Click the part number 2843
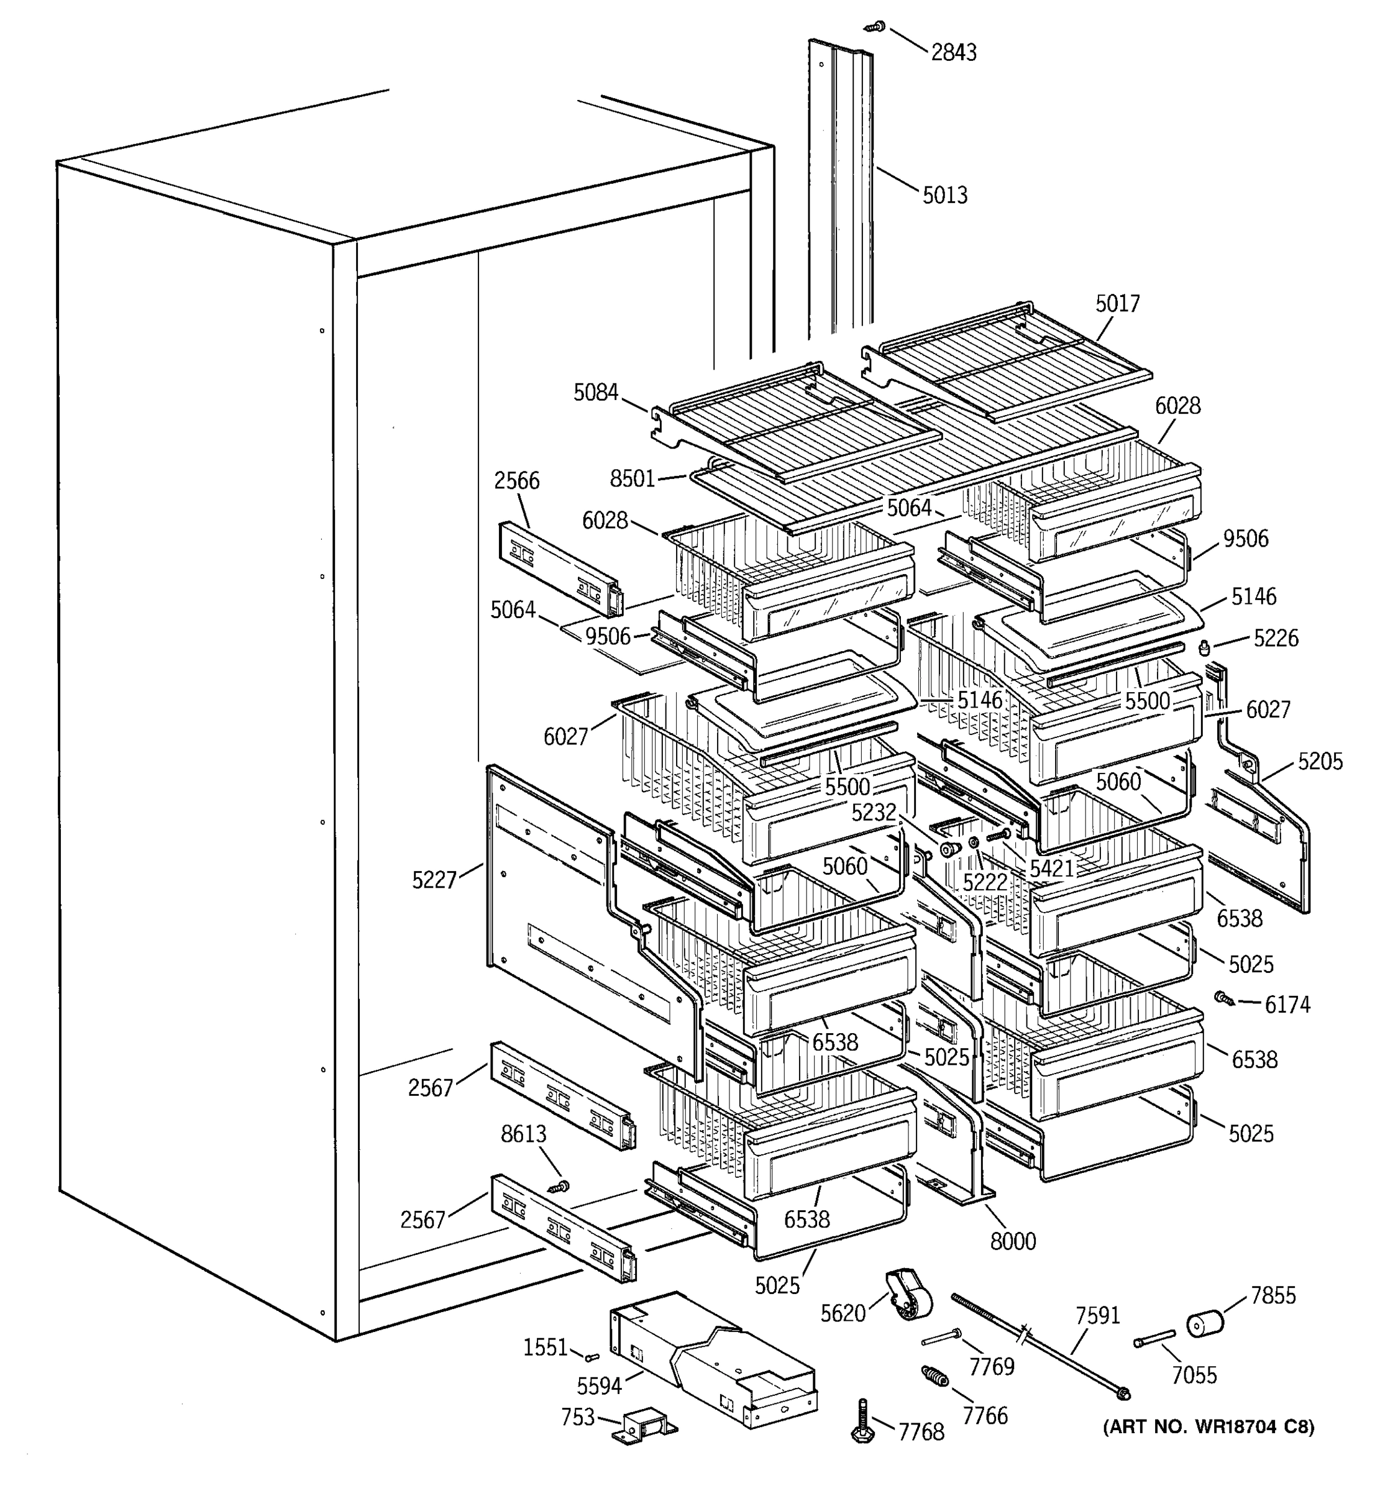[953, 53]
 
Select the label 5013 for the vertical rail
[944, 195]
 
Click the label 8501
[633, 478]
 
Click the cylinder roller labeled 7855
[1205, 1324]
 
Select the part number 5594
[598, 1386]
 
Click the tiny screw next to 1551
[591, 1357]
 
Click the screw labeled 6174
[1224, 998]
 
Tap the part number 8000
[1013, 1241]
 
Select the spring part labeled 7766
[934, 1376]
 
